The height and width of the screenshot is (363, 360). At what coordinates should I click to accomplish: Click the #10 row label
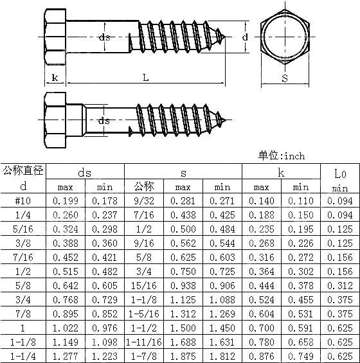pos(23,200)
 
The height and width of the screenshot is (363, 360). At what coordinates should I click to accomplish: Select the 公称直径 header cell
pos(23,171)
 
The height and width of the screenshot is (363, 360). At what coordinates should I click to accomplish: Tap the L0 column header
pos(340,173)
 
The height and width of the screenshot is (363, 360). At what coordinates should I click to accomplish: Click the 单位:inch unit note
pos(282,155)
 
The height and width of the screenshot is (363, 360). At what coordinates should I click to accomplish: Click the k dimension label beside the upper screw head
pos(55,78)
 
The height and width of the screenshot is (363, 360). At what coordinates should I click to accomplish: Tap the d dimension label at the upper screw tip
pos(245,37)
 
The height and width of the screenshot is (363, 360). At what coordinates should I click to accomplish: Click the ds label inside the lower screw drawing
pos(104,121)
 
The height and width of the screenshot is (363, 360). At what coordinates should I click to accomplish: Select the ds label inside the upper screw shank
pos(105,37)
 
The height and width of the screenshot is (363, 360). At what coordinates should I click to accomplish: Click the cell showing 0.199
pos(66,200)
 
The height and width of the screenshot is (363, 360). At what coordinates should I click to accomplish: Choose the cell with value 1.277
pos(66,355)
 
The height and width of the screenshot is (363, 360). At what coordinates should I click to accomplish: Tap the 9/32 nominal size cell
pos(144,200)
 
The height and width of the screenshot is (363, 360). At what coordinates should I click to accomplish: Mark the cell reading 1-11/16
pos(144,341)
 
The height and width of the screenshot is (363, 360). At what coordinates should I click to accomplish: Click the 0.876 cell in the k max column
pos(261,355)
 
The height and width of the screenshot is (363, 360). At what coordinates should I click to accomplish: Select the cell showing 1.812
pos(222,355)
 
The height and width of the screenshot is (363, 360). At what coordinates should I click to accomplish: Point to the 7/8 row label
pos(23,313)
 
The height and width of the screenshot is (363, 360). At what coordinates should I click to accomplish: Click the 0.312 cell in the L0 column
pos(340,285)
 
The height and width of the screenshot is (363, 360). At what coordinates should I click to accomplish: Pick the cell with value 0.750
pos(183,271)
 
